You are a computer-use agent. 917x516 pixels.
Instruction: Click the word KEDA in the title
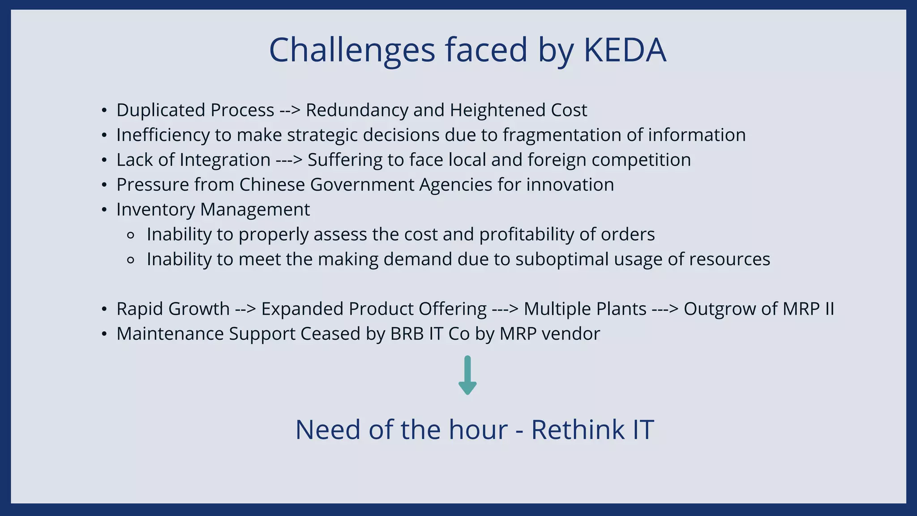pyautogui.click(x=625, y=50)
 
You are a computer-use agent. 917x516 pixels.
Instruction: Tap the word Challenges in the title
pyautogui.click(x=352, y=50)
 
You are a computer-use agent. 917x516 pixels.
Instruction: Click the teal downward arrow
pyautogui.click(x=467, y=375)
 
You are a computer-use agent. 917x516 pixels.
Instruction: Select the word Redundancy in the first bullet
pyautogui.click(x=357, y=110)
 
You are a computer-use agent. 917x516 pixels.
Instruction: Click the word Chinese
pyautogui.click(x=272, y=185)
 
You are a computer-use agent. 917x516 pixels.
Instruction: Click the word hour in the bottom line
pyautogui.click(x=478, y=430)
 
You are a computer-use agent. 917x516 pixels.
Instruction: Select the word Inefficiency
pyautogui.click(x=163, y=135)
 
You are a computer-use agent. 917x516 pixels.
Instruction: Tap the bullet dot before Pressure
pyautogui.click(x=104, y=185)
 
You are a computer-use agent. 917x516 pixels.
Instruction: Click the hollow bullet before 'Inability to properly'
pyautogui.click(x=131, y=235)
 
